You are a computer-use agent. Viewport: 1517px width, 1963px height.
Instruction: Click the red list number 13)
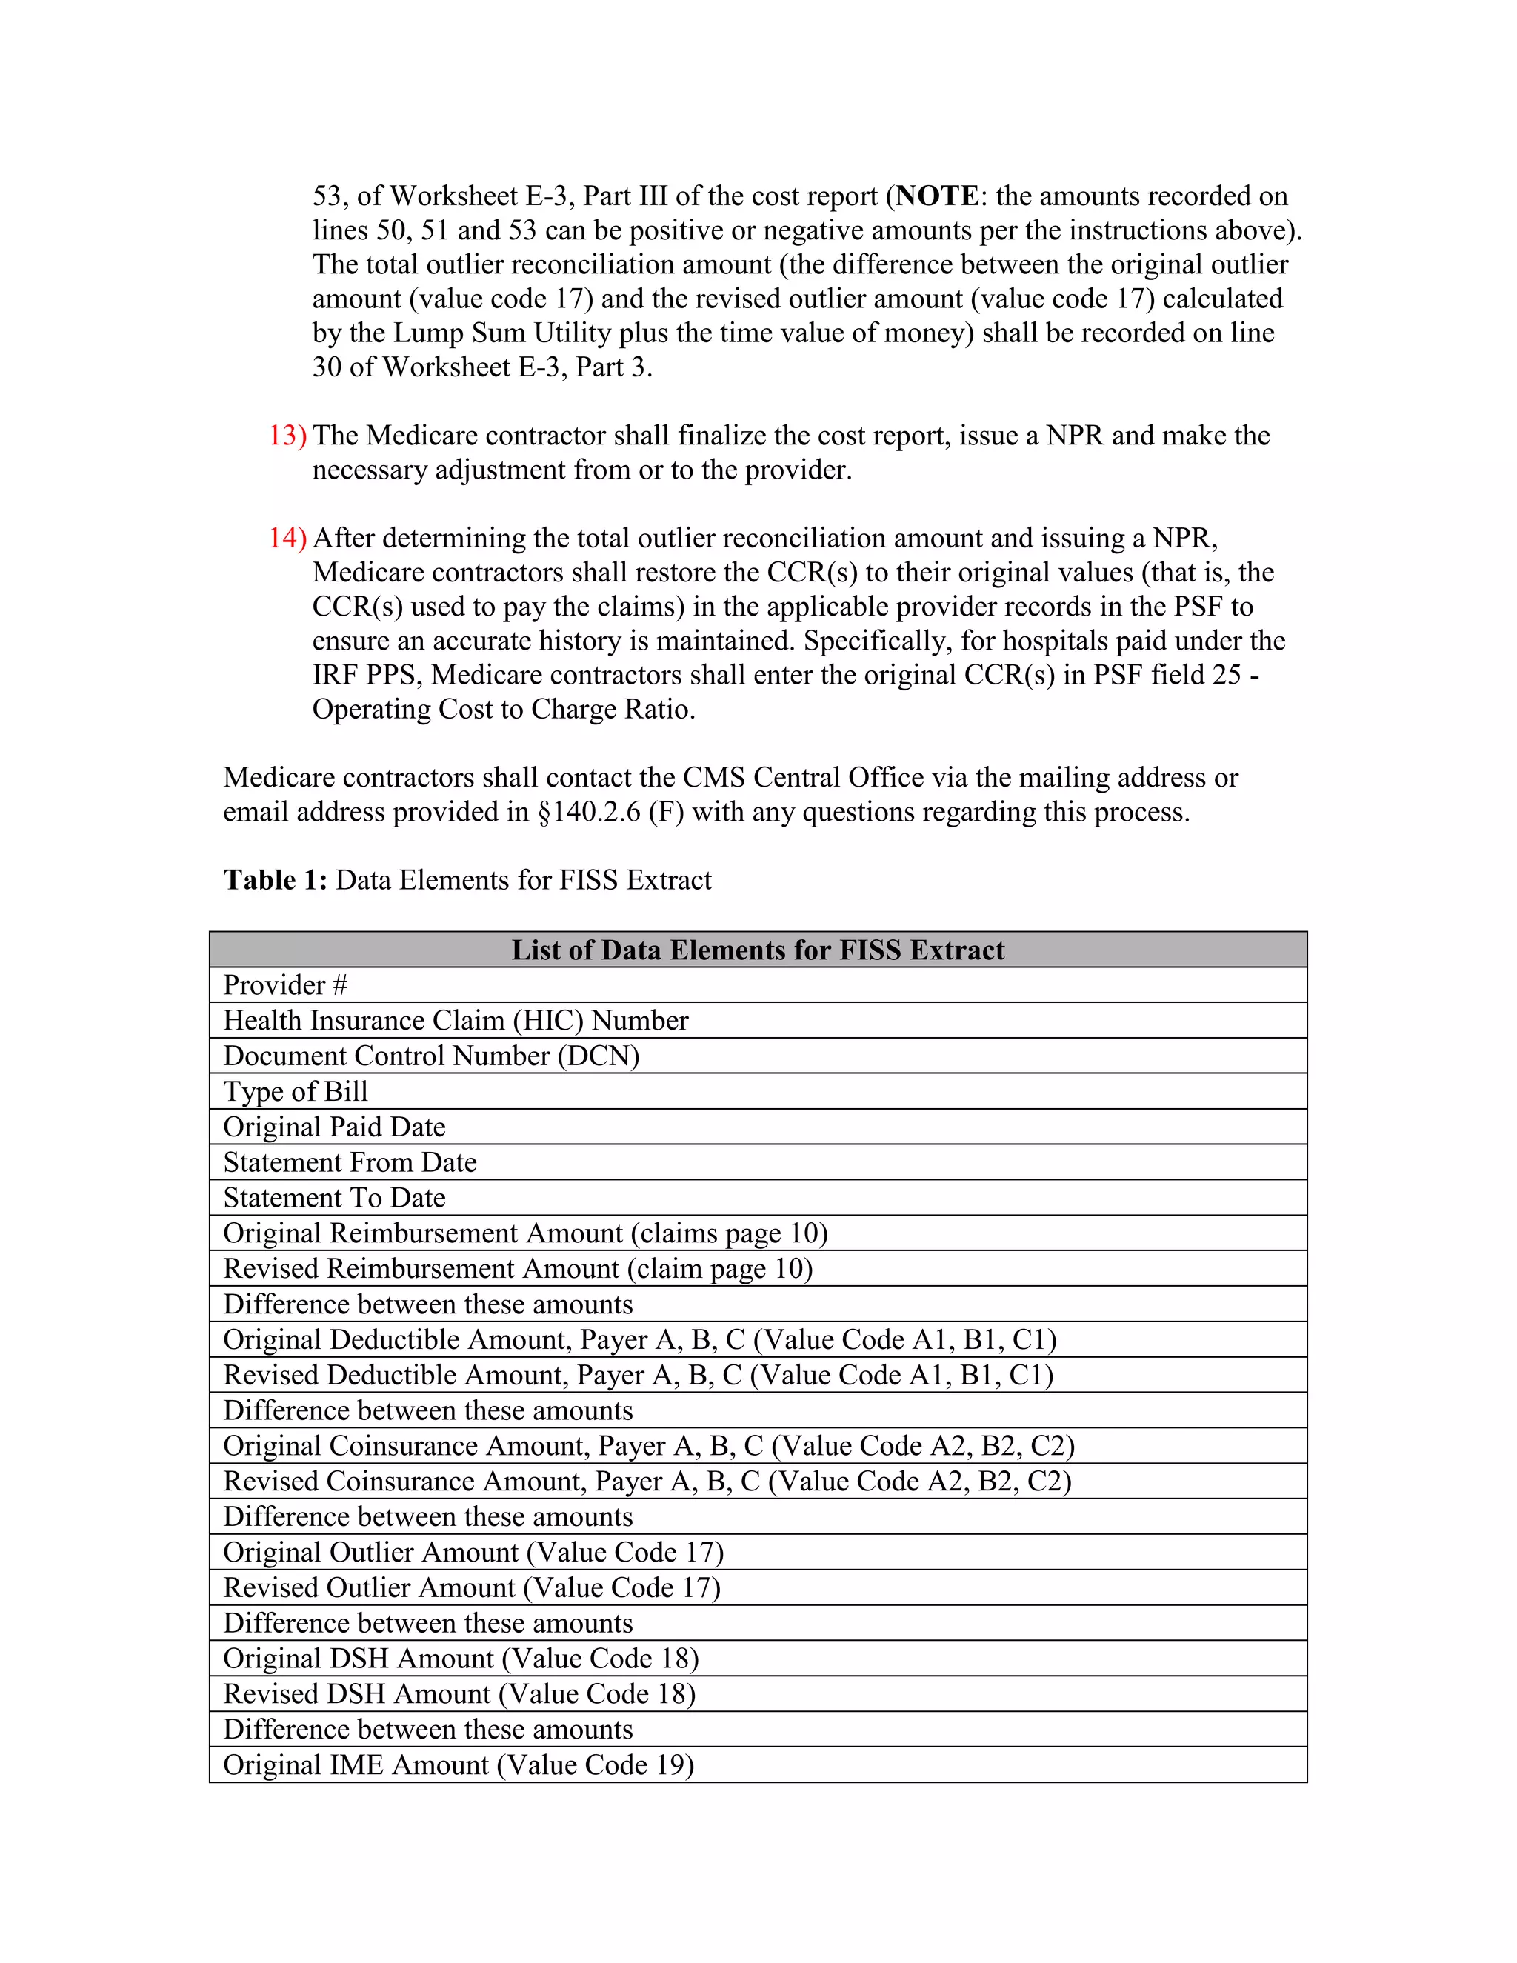[x=287, y=436]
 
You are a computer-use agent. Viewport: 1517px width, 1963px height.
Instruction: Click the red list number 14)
[x=287, y=539]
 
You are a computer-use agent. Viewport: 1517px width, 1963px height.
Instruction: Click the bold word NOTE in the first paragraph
[x=937, y=196]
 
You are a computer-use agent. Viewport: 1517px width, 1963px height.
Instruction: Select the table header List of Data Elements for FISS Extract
[x=758, y=950]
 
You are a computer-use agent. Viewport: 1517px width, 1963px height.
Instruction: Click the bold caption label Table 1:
[x=275, y=880]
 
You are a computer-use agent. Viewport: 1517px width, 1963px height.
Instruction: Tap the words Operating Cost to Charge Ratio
[x=502, y=709]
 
